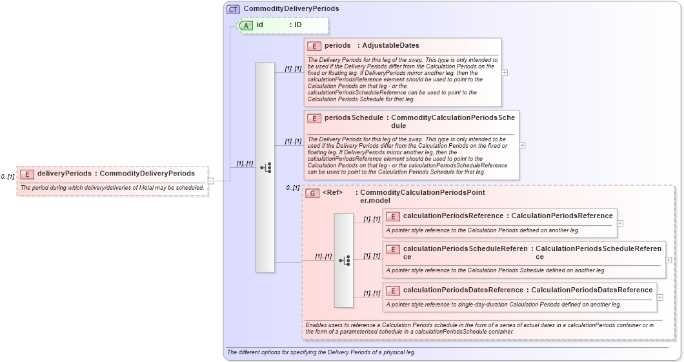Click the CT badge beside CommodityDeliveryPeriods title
pos(233,9)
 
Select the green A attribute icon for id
pos(246,25)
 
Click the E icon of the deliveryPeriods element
pos(27,174)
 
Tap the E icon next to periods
pos(314,46)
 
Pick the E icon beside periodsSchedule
pos(314,119)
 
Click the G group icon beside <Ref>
pos(312,193)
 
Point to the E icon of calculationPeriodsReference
pos(393,216)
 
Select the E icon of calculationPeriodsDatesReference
pos(393,290)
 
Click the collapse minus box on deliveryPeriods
pos(211,181)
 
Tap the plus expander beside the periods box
pos(505,72)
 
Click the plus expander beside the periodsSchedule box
pos(522,145)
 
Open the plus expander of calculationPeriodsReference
pos(620,223)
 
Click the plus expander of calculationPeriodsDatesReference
pos(659,297)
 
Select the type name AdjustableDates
pos(390,46)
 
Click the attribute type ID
pos(298,25)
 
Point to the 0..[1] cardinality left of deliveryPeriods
pos(8,177)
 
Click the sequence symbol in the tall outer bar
pos(265,168)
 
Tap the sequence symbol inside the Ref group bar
pos(344,260)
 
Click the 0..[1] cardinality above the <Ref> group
pos(293,188)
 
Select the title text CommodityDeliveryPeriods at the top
pos(291,9)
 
